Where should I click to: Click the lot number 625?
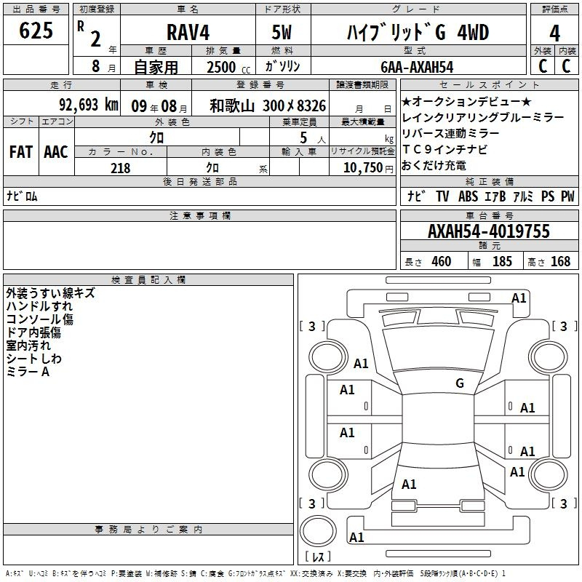tap(36, 31)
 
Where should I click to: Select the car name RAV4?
tap(188, 32)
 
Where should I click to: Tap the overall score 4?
tap(554, 33)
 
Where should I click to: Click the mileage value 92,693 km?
tap(89, 105)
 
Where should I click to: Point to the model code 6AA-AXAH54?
tap(417, 67)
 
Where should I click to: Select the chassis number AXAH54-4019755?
tap(489, 231)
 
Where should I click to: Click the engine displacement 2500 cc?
tap(228, 67)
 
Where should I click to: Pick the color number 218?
tap(120, 168)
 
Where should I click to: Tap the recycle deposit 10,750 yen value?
tap(368, 168)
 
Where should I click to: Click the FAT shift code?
tap(21, 152)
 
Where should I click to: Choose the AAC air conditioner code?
tap(56, 152)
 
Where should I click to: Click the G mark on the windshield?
tap(460, 383)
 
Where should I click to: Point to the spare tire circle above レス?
tap(318, 531)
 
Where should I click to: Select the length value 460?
tap(442, 261)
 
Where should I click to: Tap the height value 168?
tap(560, 261)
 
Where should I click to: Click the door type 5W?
tap(282, 32)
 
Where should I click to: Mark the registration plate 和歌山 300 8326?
tap(268, 105)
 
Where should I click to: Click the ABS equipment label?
tap(468, 196)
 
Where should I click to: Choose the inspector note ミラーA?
tap(28, 372)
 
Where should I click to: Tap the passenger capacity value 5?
tap(303, 137)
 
